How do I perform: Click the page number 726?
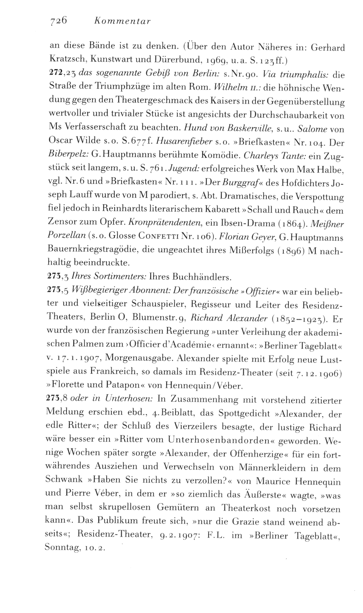pyautogui.click(x=57, y=21)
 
